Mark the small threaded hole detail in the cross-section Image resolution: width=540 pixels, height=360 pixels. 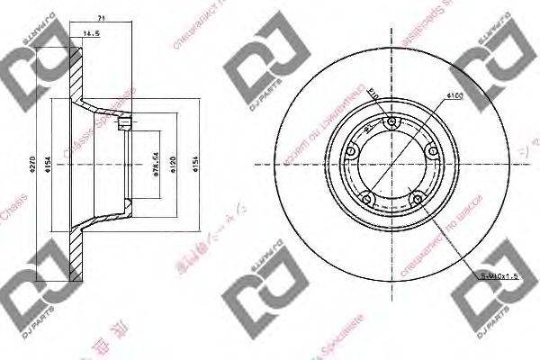point(130,122)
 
